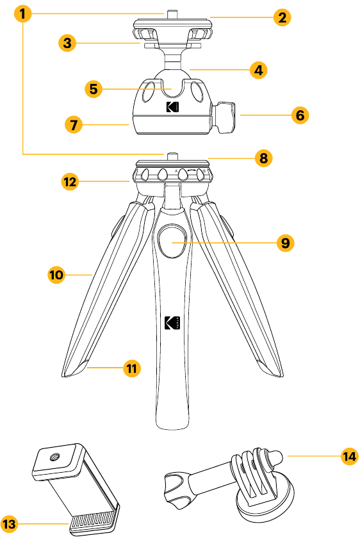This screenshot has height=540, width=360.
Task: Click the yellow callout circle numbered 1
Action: point(22,14)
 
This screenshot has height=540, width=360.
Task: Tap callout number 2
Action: point(282,17)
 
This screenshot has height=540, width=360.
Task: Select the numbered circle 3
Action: point(67,43)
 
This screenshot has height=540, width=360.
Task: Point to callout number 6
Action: point(300,115)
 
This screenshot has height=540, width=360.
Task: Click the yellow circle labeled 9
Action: point(286,243)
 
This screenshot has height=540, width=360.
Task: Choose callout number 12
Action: point(70,181)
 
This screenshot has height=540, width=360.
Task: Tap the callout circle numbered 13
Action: point(10,524)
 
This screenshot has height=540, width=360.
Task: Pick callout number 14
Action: point(349,456)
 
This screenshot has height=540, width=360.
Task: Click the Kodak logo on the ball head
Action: point(172,107)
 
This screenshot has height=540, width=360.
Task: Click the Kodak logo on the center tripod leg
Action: point(172,323)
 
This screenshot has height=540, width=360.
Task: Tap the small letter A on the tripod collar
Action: point(176,171)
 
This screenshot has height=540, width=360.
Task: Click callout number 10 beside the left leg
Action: point(56,275)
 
